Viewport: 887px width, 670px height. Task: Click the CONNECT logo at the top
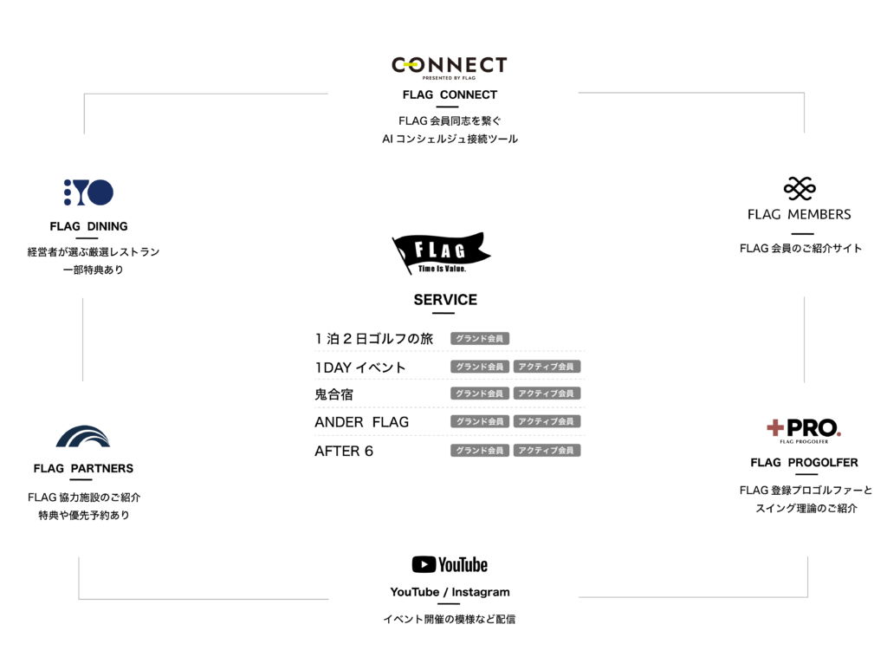(450, 68)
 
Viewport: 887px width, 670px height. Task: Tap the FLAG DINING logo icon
(89, 192)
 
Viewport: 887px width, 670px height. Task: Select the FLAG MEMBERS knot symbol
(800, 188)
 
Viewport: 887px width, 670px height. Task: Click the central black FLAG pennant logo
(441, 253)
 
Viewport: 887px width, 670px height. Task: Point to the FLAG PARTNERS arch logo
(83, 436)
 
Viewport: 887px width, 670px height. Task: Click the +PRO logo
(804, 431)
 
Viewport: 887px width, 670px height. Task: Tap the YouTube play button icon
(424, 564)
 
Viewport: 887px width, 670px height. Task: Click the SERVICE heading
(445, 299)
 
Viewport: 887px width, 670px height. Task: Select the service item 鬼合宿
(333, 394)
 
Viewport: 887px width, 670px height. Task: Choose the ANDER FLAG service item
(361, 422)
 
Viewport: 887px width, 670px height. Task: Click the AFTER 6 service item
(344, 451)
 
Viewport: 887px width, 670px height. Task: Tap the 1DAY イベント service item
(360, 368)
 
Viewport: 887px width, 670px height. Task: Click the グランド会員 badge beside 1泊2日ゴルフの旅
(480, 338)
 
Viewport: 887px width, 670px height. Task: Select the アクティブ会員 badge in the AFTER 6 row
(547, 451)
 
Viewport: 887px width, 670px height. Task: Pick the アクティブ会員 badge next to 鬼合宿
(547, 394)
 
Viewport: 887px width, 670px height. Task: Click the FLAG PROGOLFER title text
(804, 462)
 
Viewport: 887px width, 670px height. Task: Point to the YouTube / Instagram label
(450, 592)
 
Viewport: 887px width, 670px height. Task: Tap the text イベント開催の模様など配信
(450, 619)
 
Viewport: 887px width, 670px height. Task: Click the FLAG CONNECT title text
(450, 94)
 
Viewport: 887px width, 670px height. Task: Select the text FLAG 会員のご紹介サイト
(800, 248)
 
